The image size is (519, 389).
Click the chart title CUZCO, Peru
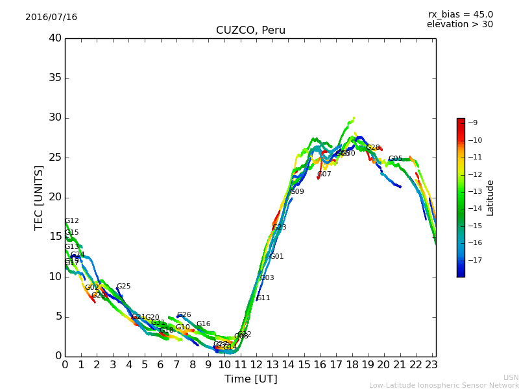click(250, 30)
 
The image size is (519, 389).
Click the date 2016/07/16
click(51, 18)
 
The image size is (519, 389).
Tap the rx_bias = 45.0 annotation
click(460, 14)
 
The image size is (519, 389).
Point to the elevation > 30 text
click(459, 25)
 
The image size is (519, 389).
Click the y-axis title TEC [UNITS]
click(40, 197)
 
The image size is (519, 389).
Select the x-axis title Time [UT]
click(250, 379)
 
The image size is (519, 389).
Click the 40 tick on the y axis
click(55, 38)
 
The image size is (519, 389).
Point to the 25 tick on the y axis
click(55, 158)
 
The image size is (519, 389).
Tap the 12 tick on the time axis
click(256, 365)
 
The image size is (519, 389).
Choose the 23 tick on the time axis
click(431, 365)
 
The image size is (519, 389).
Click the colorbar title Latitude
click(490, 198)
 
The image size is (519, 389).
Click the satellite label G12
click(72, 221)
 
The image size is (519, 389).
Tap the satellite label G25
click(123, 287)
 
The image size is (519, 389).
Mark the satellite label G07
click(324, 174)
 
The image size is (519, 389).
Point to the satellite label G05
click(395, 159)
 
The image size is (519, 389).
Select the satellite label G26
click(184, 315)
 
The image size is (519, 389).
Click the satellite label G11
click(263, 298)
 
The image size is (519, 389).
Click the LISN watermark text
click(511, 377)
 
